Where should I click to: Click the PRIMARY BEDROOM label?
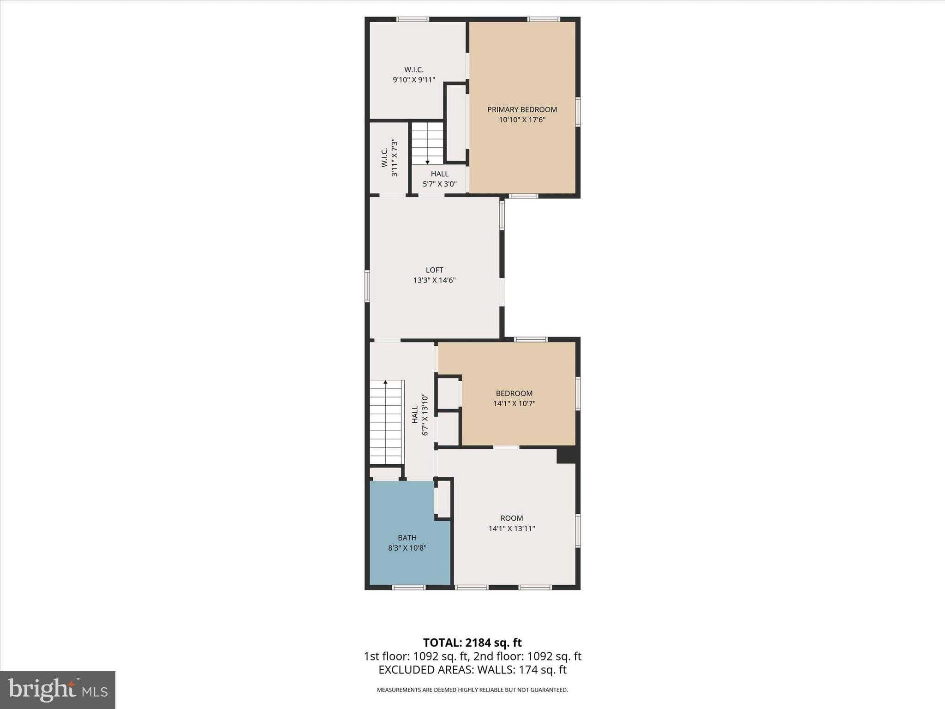[x=522, y=109]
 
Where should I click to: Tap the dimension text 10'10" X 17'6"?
[x=522, y=120]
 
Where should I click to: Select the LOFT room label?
[x=434, y=270]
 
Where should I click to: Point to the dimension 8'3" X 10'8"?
[x=407, y=548]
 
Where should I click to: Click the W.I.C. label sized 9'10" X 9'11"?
[x=414, y=70]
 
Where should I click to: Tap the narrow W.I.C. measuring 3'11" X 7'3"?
[x=389, y=158]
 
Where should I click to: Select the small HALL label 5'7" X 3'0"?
[x=440, y=174]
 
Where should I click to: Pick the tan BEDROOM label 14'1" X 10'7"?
[x=514, y=393]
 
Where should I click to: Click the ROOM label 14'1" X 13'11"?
[x=512, y=518]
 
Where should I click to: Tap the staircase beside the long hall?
[x=386, y=422]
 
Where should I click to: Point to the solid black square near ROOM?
[x=566, y=455]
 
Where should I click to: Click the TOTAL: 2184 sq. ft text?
[x=472, y=643]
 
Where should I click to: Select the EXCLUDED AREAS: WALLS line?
[x=472, y=670]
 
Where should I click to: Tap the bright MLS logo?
[x=58, y=690]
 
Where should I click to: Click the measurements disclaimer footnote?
[x=472, y=690]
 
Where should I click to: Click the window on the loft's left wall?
[x=367, y=286]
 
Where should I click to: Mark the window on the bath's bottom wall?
[x=408, y=588]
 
